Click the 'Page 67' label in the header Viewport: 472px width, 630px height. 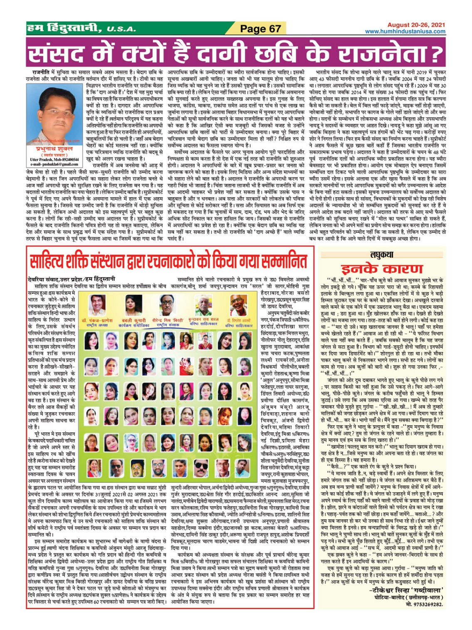[x=260, y=28]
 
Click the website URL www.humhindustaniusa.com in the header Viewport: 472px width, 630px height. [x=405, y=31]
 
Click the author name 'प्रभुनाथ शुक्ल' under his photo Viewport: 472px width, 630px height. [x=54, y=149]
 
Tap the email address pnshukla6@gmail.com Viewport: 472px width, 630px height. [x=54, y=164]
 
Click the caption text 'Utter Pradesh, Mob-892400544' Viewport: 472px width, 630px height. [x=54, y=159]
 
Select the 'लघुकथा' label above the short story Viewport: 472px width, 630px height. [x=381, y=255]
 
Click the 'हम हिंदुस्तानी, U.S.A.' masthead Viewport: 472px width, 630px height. [x=81, y=28]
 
